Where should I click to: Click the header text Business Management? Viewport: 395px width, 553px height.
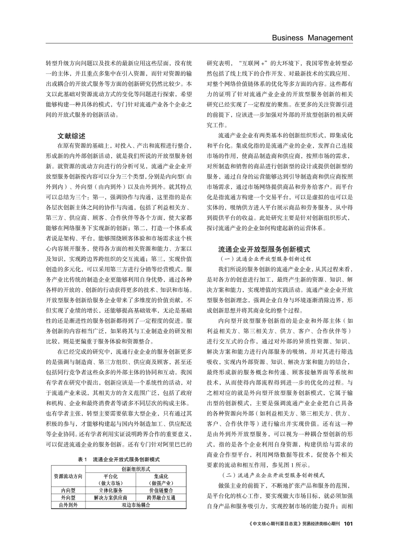(312, 38)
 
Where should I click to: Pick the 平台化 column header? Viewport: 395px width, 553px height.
(110, 476)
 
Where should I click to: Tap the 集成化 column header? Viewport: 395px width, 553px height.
(161, 476)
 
